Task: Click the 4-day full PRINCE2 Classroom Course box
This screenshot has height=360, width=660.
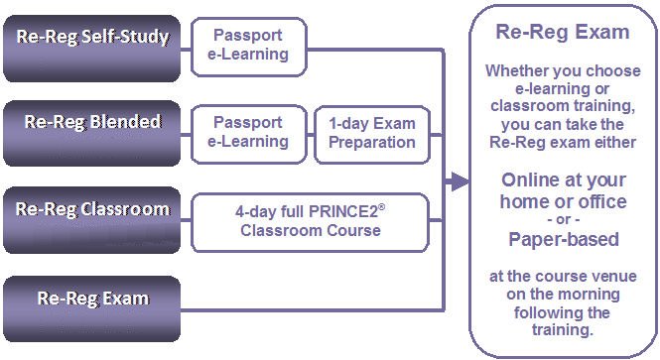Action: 311,220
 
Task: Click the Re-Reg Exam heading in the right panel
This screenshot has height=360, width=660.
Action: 563,32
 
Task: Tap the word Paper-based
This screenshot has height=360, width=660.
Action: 563,239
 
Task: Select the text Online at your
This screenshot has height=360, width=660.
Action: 563,180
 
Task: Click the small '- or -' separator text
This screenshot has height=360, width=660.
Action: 563,220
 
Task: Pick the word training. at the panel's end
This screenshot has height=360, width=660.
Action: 563,330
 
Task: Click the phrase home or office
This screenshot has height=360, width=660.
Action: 563,202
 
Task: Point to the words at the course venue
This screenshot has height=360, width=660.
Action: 563,276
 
